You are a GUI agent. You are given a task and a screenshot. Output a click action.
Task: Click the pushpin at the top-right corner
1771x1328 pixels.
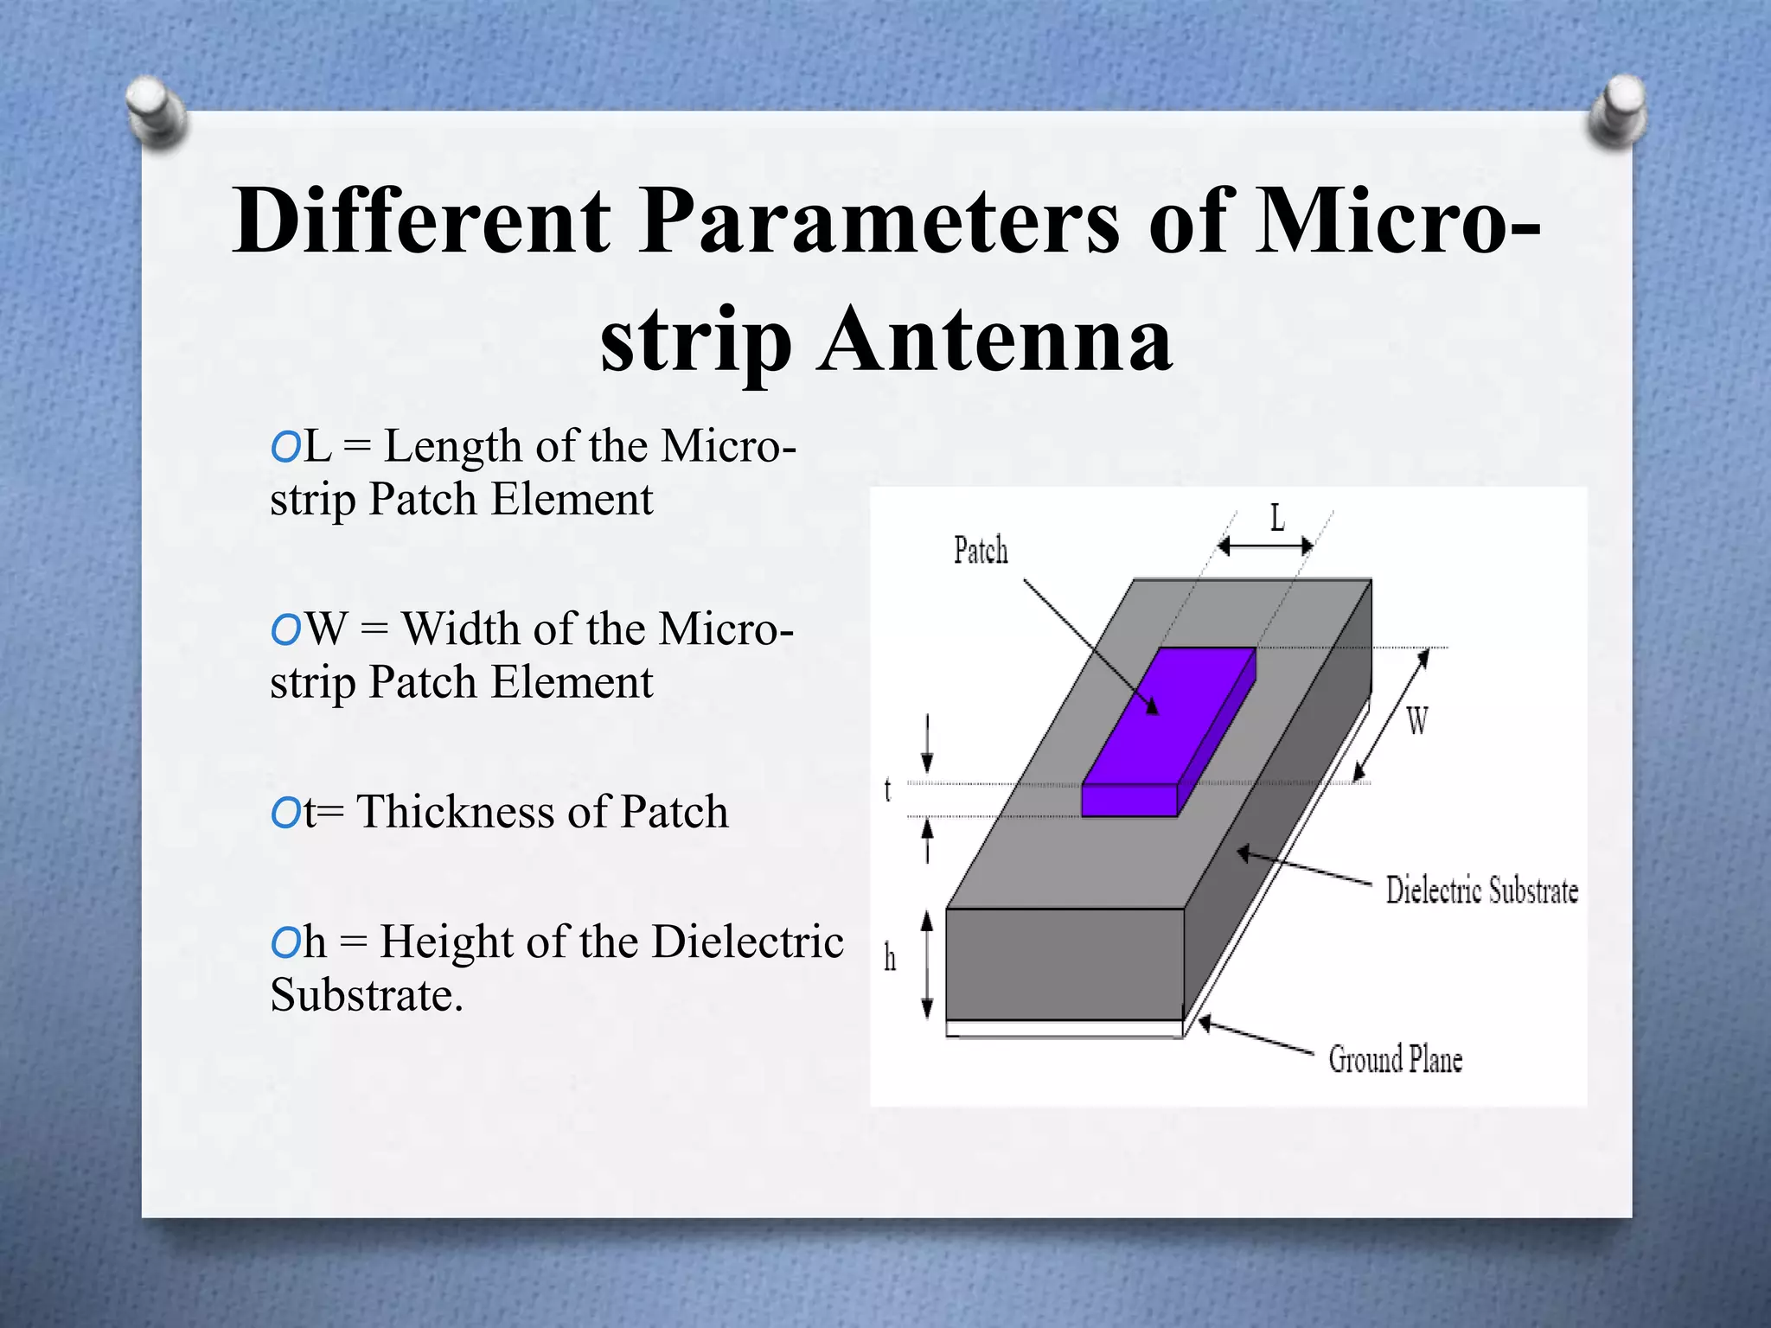(x=1618, y=111)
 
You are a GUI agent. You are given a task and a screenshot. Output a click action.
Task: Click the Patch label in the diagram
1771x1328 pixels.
(x=981, y=551)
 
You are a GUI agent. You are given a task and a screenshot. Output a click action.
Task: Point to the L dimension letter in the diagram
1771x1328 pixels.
(x=1277, y=519)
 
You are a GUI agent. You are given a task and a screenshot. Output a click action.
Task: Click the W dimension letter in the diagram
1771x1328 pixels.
(x=1416, y=720)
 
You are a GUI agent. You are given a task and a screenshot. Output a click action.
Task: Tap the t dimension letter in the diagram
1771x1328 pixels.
(x=887, y=789)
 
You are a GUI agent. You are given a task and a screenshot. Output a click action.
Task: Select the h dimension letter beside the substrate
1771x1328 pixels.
(x=890, y=958)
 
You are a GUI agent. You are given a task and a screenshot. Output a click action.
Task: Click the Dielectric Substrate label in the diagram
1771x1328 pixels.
(x=1481, y=891)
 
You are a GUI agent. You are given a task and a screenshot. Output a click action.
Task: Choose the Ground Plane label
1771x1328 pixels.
(x=1395, y=1059)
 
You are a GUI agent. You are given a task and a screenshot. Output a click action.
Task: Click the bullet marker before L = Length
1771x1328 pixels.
(x=285, y=448)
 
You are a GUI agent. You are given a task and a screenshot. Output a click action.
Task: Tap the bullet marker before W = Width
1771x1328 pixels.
(x=285, y=630)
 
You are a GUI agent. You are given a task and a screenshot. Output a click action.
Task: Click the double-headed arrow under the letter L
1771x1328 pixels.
(x=1265, y=546)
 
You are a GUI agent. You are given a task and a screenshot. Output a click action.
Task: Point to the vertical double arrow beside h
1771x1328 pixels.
(x=927, y=965)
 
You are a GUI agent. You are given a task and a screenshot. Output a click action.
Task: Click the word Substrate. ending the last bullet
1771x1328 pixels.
(x=367, y=995)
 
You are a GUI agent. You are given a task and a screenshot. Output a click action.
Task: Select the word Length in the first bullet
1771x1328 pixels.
(x=453, y=448)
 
